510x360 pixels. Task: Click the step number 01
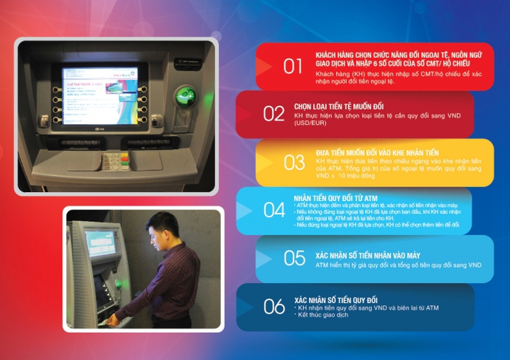[x=293, y=66]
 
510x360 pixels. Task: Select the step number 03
[x=294, y=162]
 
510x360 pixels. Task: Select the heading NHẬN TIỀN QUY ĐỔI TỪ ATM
[x=335, y=197]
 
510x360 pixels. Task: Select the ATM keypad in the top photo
[x=115, y=160]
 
